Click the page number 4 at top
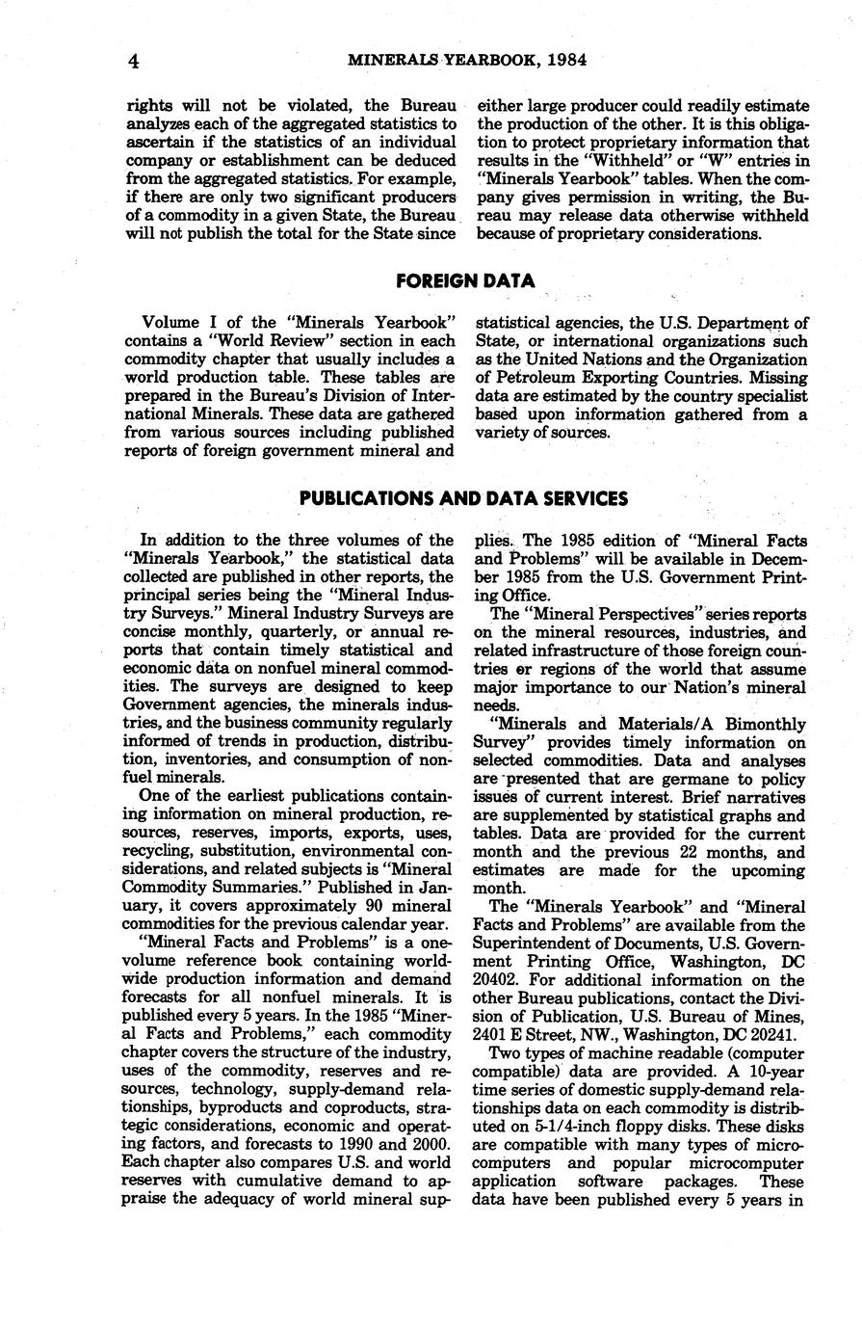135,61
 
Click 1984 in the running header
564,60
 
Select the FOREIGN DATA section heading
465,280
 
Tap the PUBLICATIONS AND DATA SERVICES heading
463,498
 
